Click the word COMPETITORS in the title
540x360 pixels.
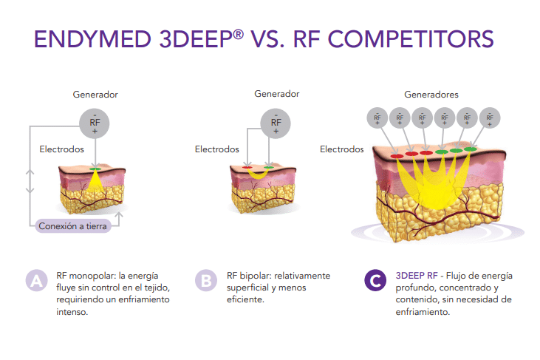409,38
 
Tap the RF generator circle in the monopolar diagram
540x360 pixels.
95,122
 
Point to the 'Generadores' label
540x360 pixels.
431,95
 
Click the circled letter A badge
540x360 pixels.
35,280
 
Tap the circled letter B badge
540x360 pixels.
205,280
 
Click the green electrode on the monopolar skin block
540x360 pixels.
95,169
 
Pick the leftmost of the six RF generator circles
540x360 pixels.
377,117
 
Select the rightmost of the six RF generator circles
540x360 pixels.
489,117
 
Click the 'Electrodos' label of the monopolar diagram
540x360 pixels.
61,149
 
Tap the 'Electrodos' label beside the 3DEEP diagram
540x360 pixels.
341,149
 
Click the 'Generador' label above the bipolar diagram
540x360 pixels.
277,95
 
